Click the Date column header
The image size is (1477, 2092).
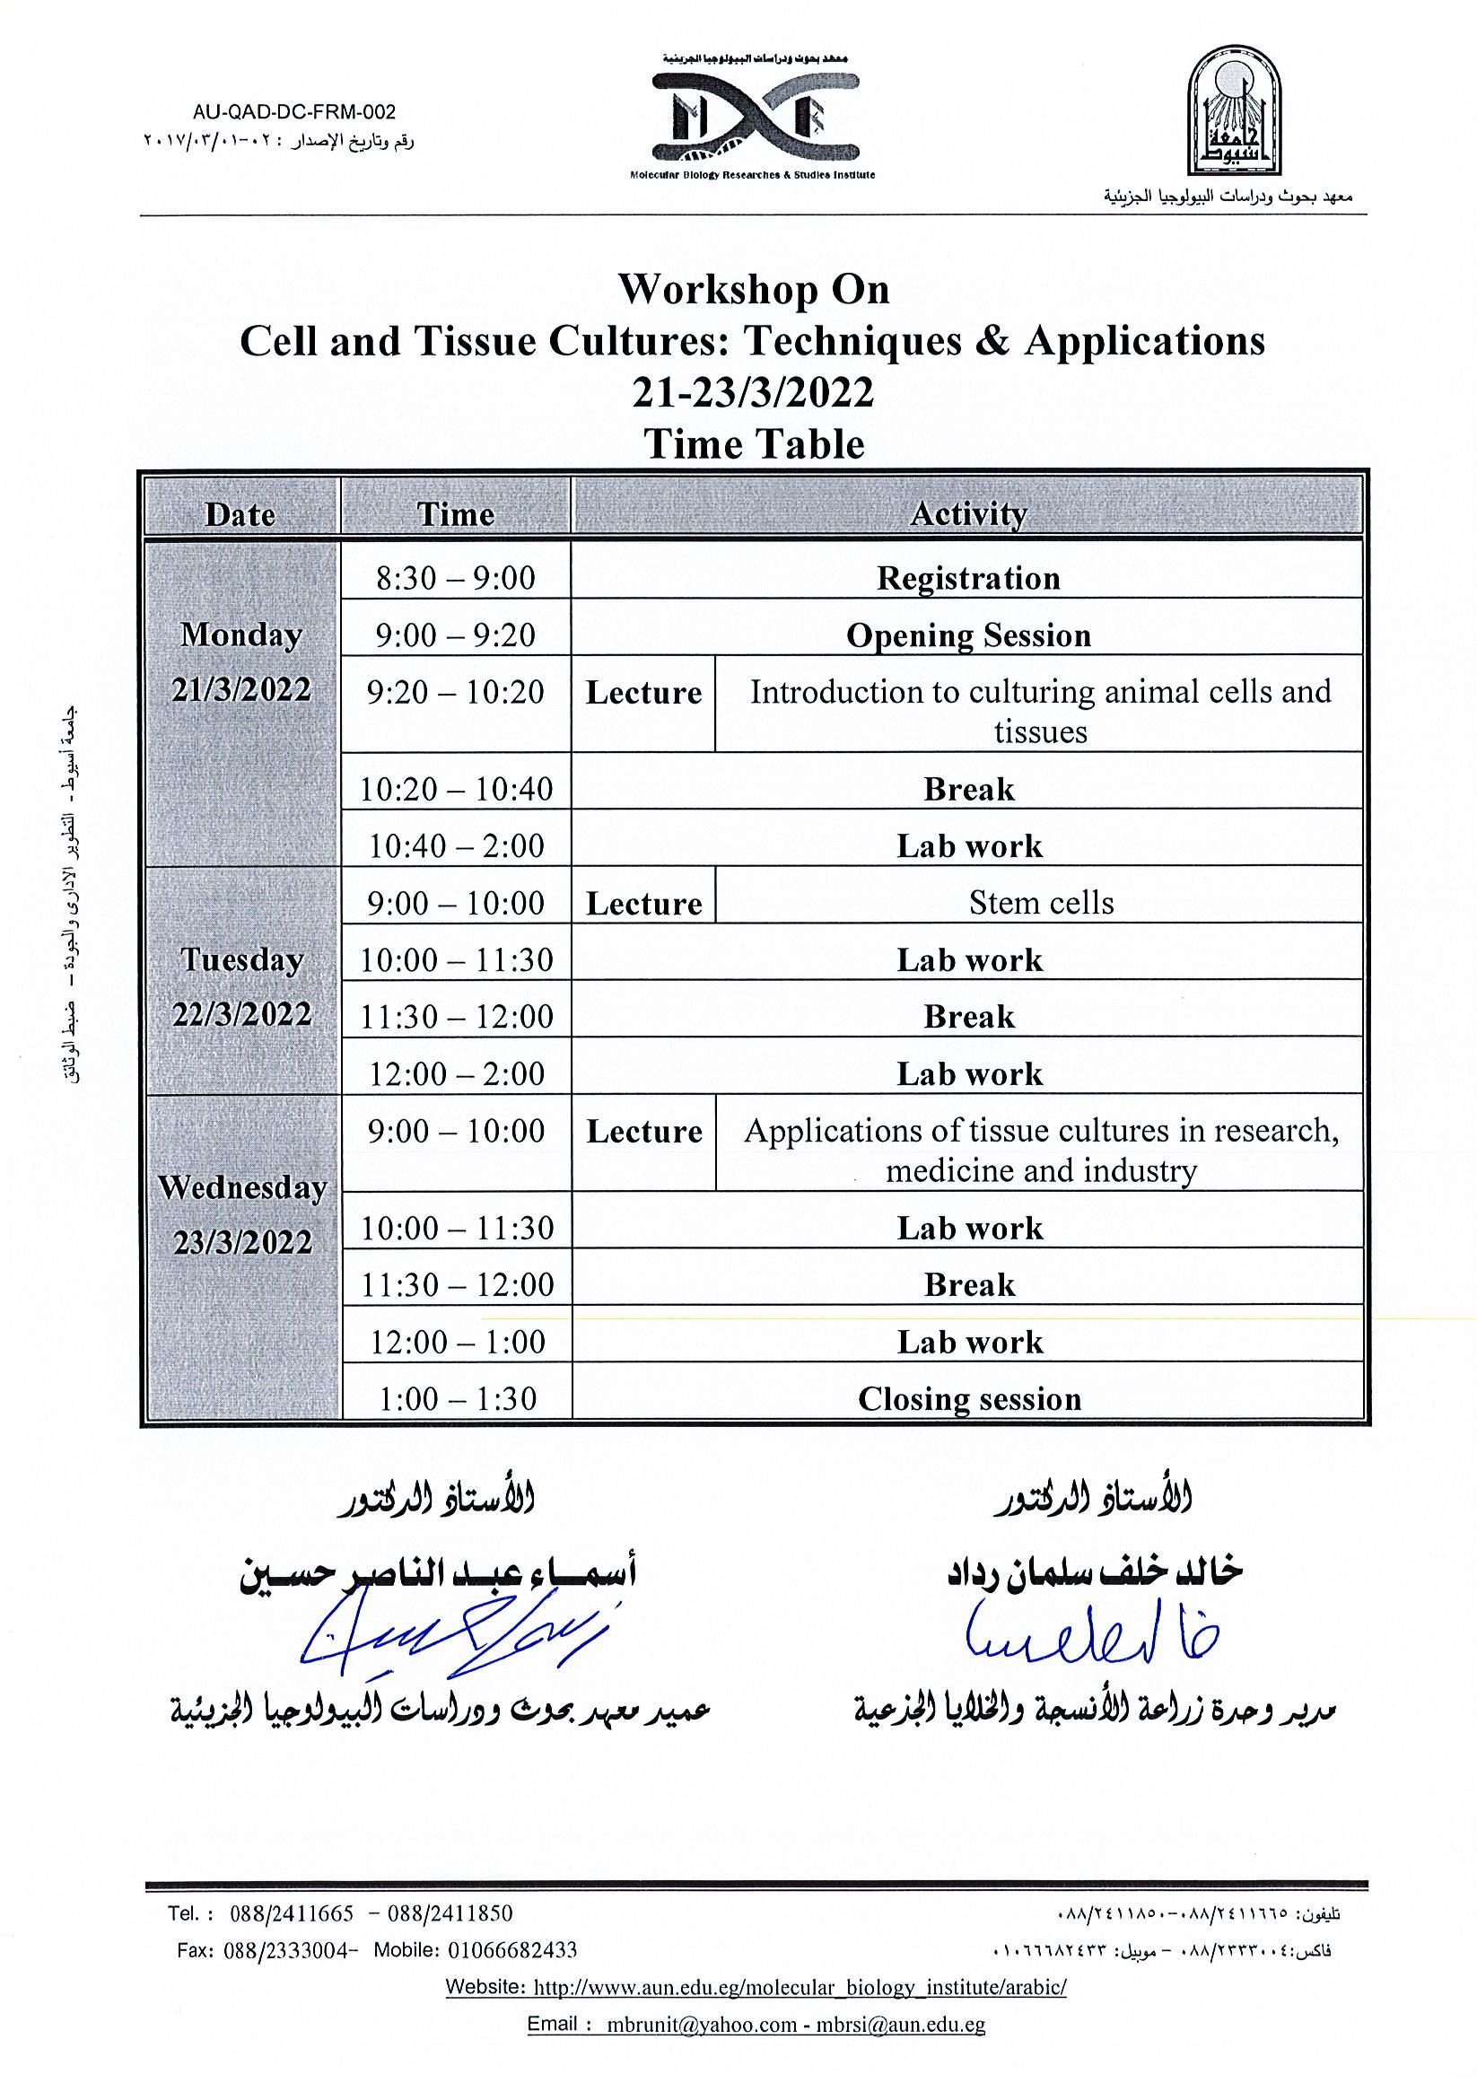click(240, 515)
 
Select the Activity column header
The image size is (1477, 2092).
click(967, 515)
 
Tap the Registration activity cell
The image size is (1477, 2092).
click(967, 579)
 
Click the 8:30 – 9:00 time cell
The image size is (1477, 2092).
click(456, 579)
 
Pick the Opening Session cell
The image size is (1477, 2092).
click(967, 635)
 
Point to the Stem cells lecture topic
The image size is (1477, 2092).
click(1041, 903)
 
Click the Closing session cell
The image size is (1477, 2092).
click(968, 1398)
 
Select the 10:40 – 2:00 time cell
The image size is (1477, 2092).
click(456, 845)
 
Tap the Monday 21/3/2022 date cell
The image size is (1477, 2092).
click(241, 662)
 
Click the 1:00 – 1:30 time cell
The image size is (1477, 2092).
click(457, 1398)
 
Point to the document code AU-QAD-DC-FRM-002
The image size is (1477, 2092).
click(294, 112)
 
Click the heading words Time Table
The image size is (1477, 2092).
click(754, 444)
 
